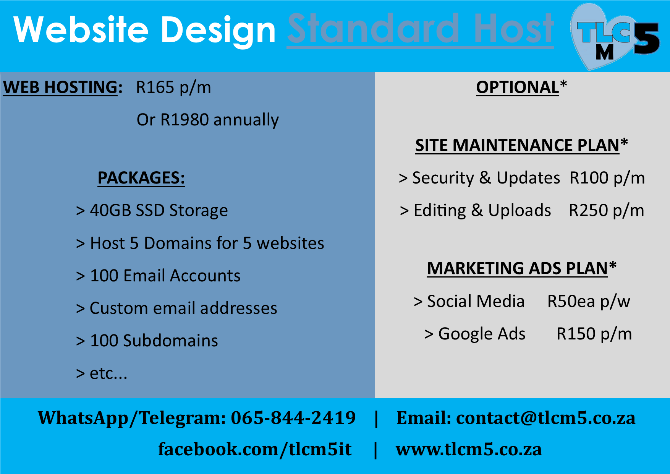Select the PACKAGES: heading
click(141, 178)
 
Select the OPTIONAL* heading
click(521, 87)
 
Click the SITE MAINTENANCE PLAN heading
click(521, 145)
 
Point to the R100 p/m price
click(607, 178)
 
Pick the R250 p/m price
click(607, 211)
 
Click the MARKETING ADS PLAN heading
click(522, 268)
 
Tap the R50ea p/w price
click(589, 302)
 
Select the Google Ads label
click(482, 334)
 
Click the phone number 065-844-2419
click(293, 418)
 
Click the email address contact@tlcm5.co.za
click(546, 418)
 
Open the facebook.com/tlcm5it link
click(255, 450)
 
